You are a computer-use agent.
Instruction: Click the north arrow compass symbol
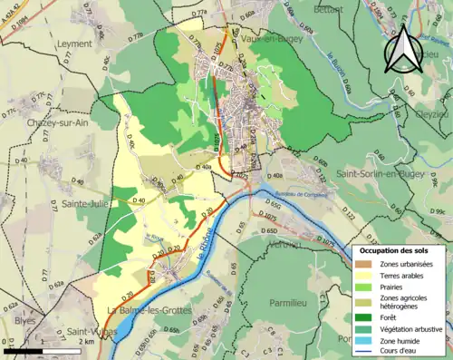[x=400, y=50]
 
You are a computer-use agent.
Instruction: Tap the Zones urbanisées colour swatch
[x=364, y=264]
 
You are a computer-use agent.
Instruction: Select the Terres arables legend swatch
[x=364, y=275]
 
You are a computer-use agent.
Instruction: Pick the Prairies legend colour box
[x=364, y=286]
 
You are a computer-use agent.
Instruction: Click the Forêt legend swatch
[x=364, y=316]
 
